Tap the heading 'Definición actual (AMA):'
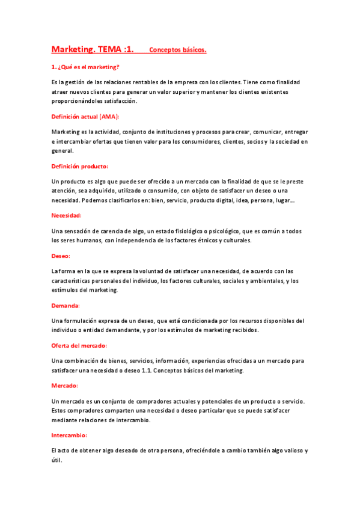85,116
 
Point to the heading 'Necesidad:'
67,215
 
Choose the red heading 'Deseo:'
61,256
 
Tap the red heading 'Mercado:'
65,386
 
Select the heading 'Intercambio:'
70,435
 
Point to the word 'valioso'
288,450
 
